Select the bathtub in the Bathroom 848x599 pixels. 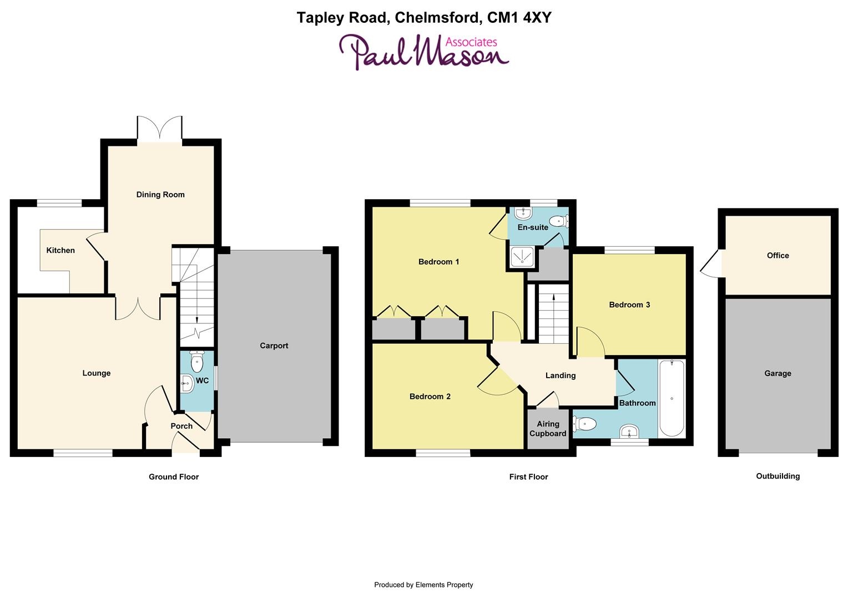[x=672, y=398]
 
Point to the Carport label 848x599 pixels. [x=274, y=346]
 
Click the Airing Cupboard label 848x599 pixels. [x=548, y=429]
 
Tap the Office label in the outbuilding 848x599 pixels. [x=778, y=256]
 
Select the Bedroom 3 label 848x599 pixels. [x=629, y=304]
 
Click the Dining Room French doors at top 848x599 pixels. [x=160, y=129]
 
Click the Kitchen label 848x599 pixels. [x=60, y=250]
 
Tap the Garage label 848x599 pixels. [x=778, y=373]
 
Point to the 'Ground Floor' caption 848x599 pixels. [x=174, y=476]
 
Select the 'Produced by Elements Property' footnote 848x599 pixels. [x=423, y=585]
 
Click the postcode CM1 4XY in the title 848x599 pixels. [x=519, y=18]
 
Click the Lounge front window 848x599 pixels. [x=83, y=453]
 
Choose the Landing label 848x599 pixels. [x=561, y=375]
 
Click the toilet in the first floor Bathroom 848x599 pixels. [x=585, y=424]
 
